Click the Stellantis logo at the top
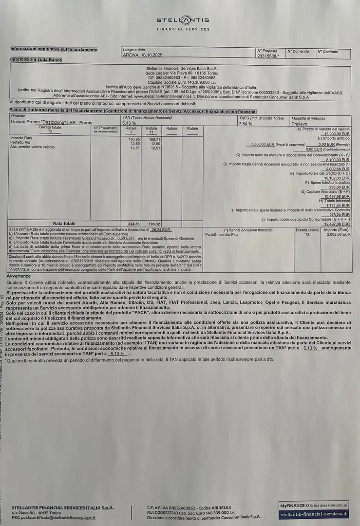click(x=183, y=20)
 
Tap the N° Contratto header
click(x=327, y=51)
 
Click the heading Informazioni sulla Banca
click(x=36, y=59)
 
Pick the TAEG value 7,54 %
click(x=246, y=124)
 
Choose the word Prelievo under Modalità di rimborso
click(x=300, y=124)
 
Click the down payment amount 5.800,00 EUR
click(x=262, y=145)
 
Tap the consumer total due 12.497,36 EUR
click(x=337, y=224)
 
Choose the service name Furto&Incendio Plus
click(x=222, y=235)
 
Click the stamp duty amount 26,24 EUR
click(x=161, y=229)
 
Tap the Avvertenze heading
click(x=19, y=276)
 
